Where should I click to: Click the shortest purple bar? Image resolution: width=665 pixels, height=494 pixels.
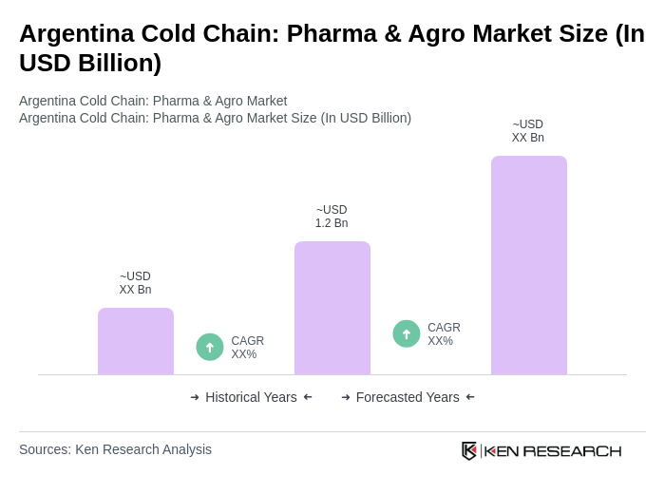[136, 341]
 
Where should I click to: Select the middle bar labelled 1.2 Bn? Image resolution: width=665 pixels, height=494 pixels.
[332, 308]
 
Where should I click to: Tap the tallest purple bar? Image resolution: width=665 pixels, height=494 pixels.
[528, 265]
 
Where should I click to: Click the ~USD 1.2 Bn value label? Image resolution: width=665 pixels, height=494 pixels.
[332, 217]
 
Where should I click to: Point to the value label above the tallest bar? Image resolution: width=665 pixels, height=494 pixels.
[528, 131]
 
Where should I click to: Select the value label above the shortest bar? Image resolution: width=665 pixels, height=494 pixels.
[136, 283]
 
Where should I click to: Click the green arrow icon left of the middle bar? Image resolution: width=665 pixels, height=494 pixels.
[210, 347]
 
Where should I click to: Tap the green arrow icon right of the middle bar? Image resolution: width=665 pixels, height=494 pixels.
[407, 333]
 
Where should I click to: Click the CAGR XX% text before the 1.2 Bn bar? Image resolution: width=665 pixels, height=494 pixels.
[247, 348]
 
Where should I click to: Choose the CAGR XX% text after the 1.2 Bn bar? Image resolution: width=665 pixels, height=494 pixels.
[444, 334]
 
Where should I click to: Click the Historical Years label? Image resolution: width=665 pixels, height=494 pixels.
[251, 397]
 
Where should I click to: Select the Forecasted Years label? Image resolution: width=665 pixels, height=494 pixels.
[408, 397]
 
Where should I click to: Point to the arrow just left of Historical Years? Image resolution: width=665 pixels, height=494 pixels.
[195, 397]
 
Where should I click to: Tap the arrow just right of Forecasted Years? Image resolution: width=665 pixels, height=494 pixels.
[470, 397]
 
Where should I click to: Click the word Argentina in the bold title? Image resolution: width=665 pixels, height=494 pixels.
[76, 33]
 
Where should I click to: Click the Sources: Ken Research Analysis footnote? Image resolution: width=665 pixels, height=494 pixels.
[115, 449]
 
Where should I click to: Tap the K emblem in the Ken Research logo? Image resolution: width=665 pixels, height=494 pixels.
[469, 450]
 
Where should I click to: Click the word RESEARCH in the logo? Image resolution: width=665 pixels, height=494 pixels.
[572, 450]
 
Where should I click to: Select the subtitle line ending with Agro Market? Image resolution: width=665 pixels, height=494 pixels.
[153, 101]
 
